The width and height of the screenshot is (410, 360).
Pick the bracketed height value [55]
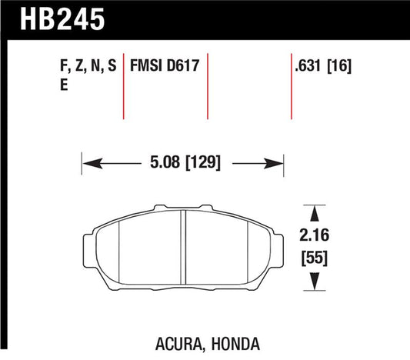pos(314,259)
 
